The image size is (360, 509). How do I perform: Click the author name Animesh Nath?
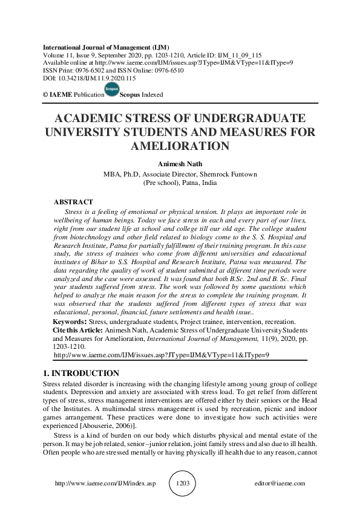(x=180, y=164)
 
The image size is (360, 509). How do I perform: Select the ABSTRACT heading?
(x=73, y=201)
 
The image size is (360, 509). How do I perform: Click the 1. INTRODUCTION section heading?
(x=81, y=373)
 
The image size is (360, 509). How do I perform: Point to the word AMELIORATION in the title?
(x=180, y=146)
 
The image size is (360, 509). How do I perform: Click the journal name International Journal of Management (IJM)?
(x=106, y=47)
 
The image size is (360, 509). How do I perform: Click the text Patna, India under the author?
(x=197, y=182)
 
